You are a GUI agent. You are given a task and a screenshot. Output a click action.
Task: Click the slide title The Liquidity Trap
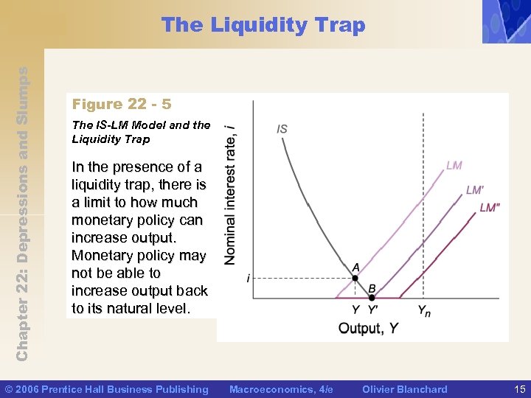pos(263,25)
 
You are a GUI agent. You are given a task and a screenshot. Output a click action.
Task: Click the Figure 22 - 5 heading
pos(122,105)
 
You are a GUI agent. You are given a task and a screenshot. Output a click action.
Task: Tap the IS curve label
pos(282,129)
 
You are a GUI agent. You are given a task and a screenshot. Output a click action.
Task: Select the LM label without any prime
pos(454,165)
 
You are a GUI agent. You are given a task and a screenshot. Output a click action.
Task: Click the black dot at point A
pos(355,279)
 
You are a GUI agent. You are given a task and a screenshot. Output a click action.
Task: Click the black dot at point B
pos(372,298)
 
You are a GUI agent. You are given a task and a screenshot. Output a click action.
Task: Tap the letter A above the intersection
pos(355,267)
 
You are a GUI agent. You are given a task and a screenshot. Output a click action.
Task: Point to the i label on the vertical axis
pos(248,279)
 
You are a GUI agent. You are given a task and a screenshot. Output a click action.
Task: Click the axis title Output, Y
pos(368,328)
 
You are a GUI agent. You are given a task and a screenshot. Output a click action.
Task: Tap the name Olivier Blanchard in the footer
pos(405,389)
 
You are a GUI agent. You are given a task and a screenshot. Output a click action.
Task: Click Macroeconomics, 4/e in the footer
pos(281,389)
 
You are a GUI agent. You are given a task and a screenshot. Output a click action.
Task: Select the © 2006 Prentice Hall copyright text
pos(107,389)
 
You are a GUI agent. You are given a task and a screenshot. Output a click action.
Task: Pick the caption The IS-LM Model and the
pos(141,125)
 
